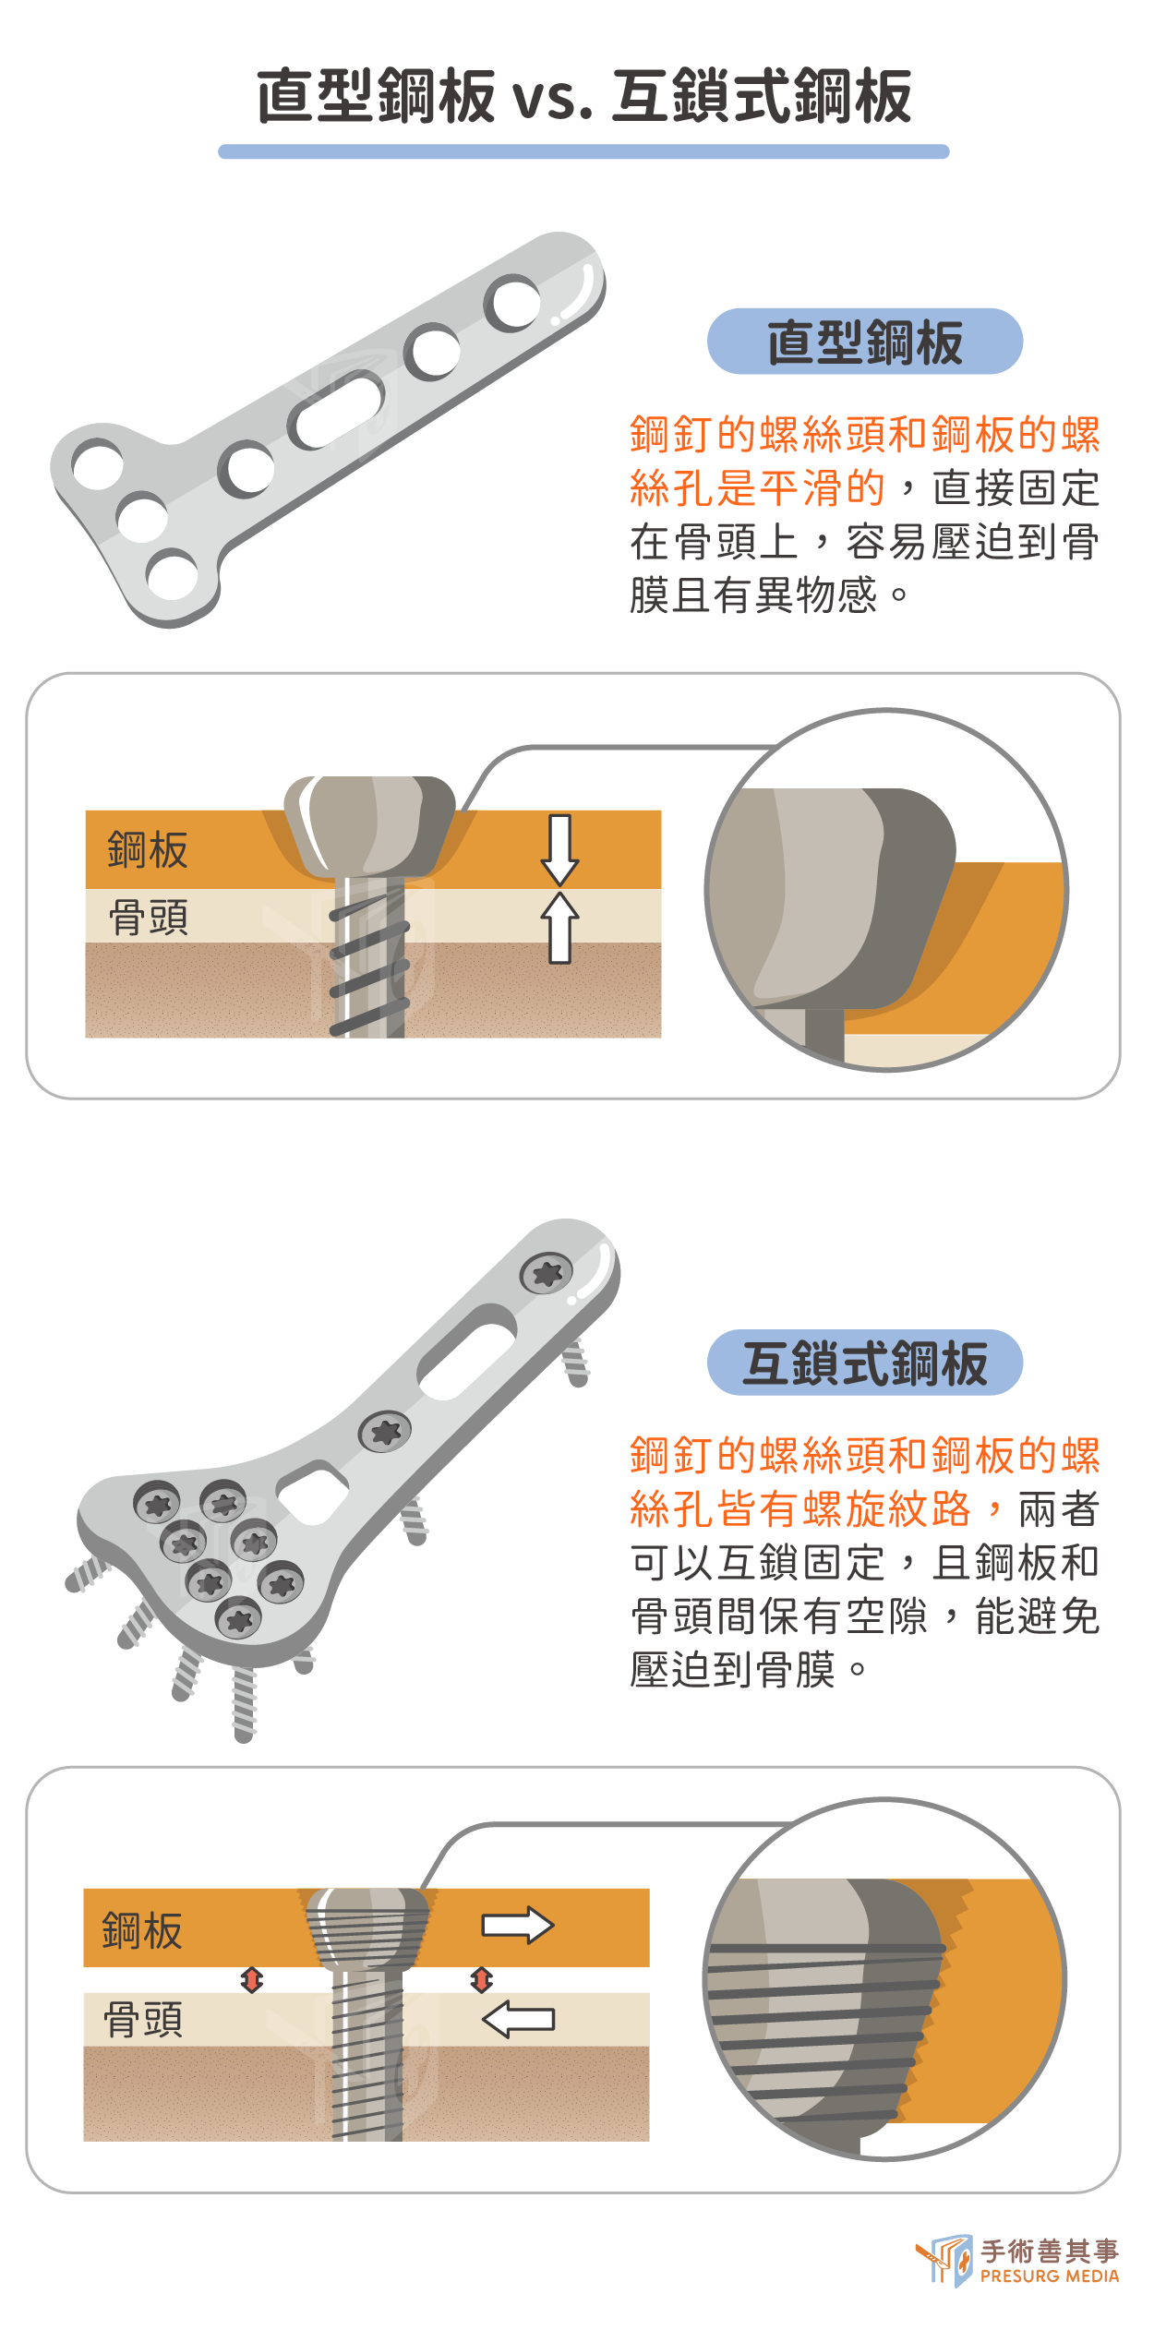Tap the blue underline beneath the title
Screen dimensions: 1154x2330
click(x=583, y=151)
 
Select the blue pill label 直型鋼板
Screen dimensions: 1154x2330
click(x=865, y=342)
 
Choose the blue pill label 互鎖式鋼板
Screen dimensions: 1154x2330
click(x=865, y=1363)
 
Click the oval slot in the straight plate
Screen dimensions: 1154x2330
click(x=337, y=409)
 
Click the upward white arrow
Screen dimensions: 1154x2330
click(x=560, y=927)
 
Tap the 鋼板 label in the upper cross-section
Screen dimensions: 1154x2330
click(x=148, y=849)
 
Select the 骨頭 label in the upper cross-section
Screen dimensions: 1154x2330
click(x=149, y=918)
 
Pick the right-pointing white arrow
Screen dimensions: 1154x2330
click(x=518, y=1925)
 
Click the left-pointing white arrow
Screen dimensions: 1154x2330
click(x=518, y=2019)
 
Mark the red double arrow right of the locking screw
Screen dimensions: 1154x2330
click(x=481, y=1979)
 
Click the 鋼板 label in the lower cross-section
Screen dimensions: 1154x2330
click(x=142, y=1930)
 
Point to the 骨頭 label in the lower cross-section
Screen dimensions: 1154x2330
click(x=143, y=2019)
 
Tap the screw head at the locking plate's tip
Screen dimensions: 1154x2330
click(x=547, y=1275)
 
